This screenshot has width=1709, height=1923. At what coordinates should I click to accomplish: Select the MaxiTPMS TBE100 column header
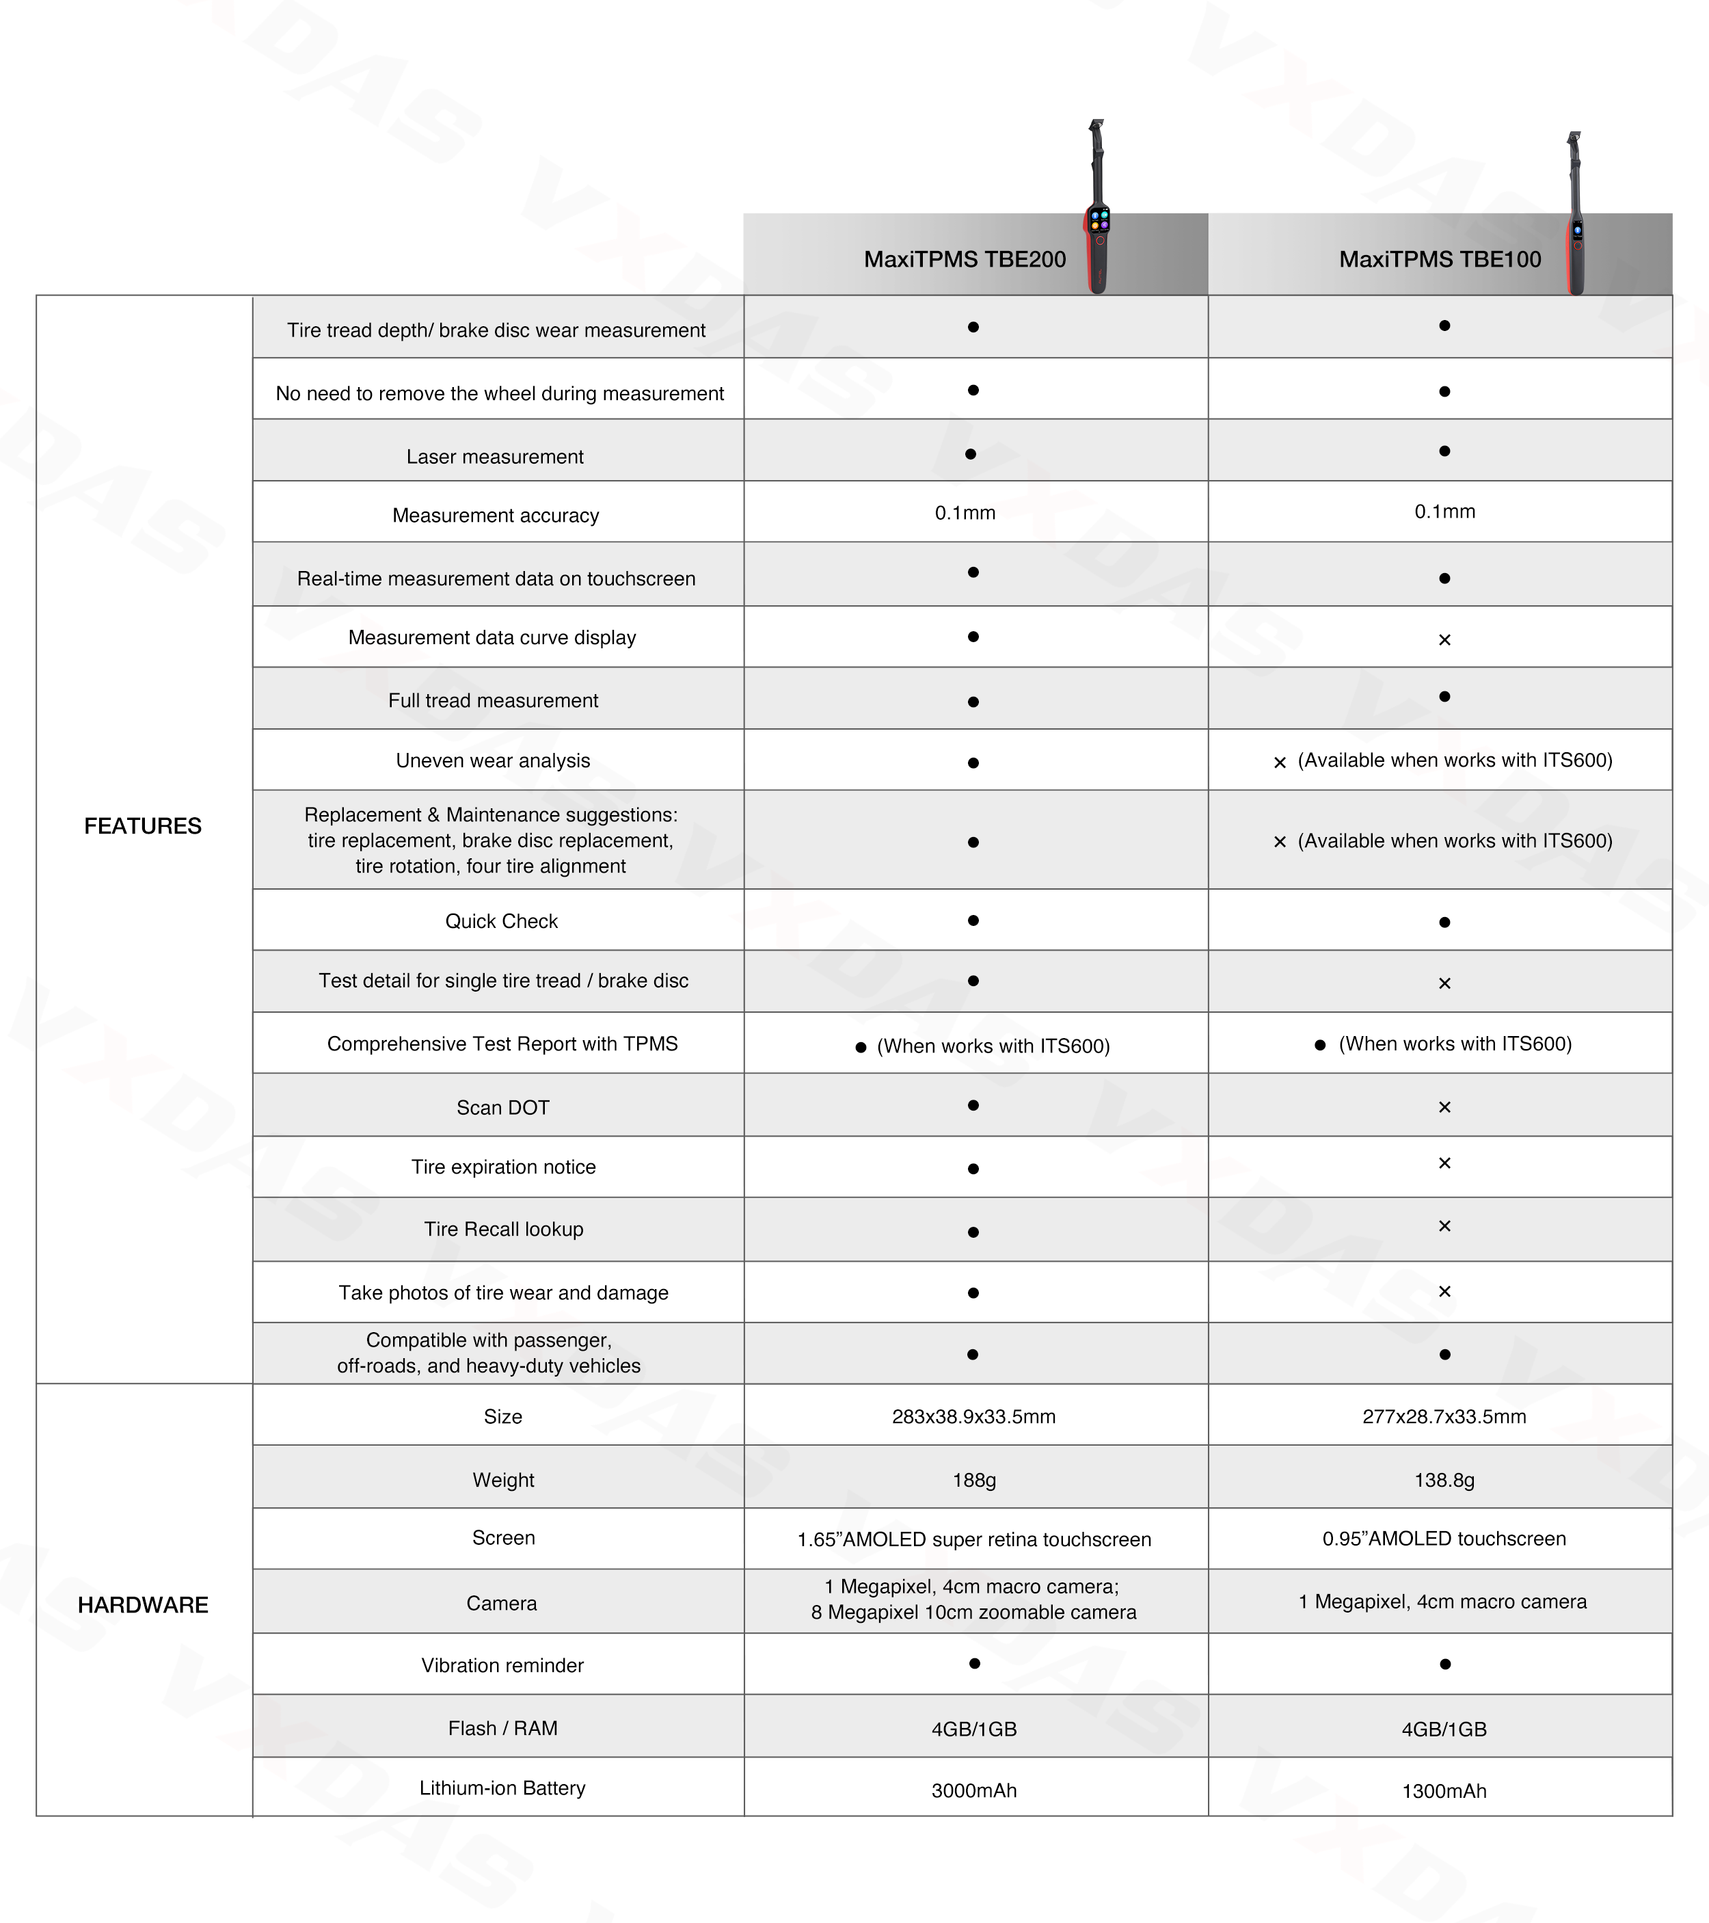click(x=1439, y=260)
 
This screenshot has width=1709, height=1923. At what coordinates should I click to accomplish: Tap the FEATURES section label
click(x=143, y=826)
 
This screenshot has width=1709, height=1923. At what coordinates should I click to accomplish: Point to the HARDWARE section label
click(x=143, y=1605)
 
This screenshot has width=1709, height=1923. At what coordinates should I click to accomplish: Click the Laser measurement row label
click(x=495, y=456)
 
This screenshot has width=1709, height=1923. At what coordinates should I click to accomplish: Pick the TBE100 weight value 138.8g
click(x=1444, y=1480)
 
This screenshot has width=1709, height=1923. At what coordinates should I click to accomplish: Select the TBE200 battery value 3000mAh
click(x=973, y=1790)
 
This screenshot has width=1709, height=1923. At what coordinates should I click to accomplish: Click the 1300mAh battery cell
click(x=1444, y=1791)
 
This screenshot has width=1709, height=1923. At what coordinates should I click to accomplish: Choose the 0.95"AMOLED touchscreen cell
click(x=1444, y=1538)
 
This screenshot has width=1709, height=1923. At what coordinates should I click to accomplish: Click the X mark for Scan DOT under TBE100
click(x=1444, y=1107)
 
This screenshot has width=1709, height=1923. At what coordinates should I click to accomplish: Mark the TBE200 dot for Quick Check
click(x=973, y=920)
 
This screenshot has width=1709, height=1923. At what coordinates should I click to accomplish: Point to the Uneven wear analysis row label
click(x=493, y=760)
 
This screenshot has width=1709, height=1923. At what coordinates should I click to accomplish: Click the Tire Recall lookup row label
click(x=503, y=1229)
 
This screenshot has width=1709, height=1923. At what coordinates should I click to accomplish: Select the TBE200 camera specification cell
click(x=973, y=1600)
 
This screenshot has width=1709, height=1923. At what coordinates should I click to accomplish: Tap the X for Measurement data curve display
click(x=1444, y=639)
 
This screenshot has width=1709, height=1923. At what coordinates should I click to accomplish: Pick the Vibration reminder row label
click(x=502, y=1665)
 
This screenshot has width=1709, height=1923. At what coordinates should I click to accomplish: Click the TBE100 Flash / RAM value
click(x=1444, y=1729)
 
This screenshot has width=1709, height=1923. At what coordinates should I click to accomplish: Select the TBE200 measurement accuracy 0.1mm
click(x=965, y=513)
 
